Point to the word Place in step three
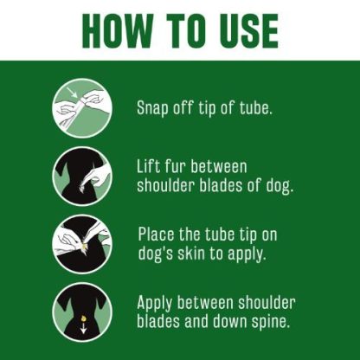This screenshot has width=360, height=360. click(159, 234)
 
